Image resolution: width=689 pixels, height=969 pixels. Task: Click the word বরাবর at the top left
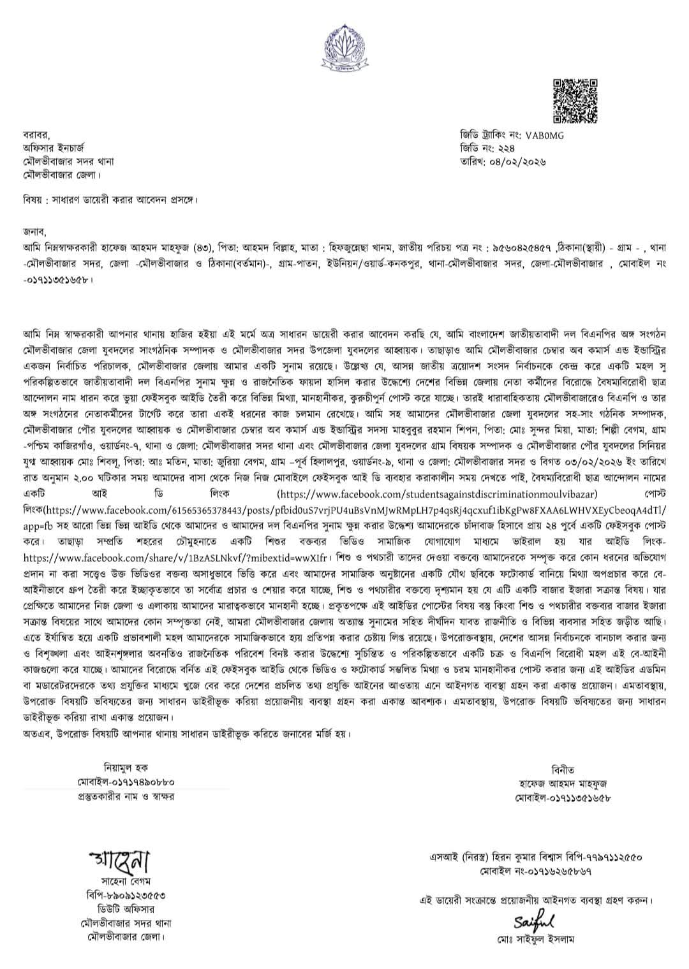pos(31,135)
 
